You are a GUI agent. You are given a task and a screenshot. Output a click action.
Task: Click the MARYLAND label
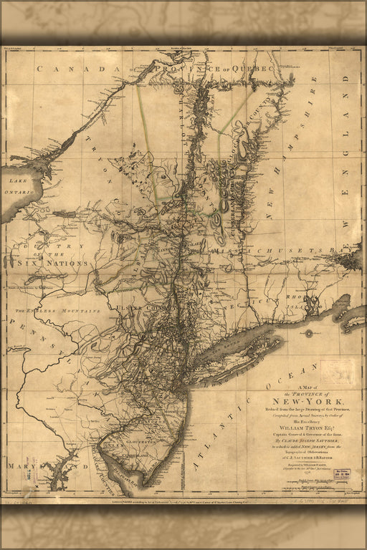(x=34, y=466)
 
